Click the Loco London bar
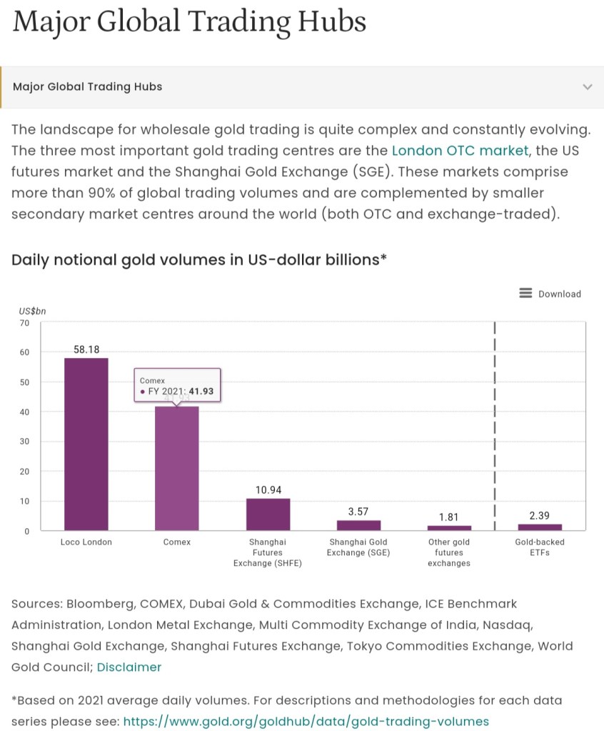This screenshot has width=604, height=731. click(86, 444)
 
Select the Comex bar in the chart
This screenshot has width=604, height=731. click(177, 468)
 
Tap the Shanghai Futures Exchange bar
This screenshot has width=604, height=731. click(268, 514)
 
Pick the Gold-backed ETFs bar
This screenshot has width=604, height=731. click(539, 527)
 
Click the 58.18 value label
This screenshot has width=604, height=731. click(86, 349)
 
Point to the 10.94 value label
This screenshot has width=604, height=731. click(268, 490)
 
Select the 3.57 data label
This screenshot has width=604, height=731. click(358, 512)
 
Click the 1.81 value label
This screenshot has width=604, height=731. click(449, 517)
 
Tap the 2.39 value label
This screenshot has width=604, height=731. click(539, 515)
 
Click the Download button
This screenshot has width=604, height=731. click(550, 294)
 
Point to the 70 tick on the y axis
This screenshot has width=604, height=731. click(25, 323)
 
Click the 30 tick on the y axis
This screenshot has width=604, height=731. click(25, 442)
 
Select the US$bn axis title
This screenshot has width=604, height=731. click(32, 311)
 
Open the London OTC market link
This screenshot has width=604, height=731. click(460, 151)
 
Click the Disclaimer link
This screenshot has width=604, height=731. click(129, 667)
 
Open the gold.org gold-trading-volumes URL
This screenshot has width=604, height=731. click(306, 721)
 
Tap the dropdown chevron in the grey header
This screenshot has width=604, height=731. click(588, 87)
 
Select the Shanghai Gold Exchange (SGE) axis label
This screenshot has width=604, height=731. click(358, 547)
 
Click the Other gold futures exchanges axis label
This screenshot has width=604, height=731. click(449, 552)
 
